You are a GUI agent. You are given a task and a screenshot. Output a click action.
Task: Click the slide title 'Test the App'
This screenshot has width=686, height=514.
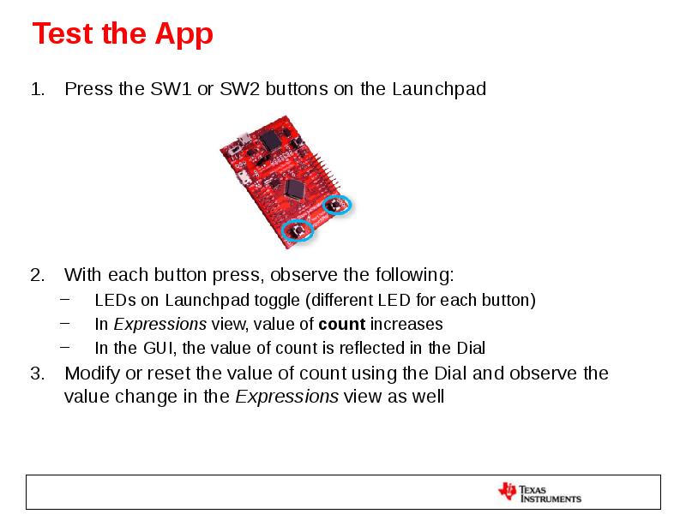pyautogui.click(x=123, y=34)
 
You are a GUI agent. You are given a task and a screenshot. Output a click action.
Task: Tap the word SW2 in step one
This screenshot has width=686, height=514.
pyautogui.click(x=241, y=89)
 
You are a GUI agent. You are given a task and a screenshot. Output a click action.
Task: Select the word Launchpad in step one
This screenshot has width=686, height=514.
pyautogui.click(x=439, y=89)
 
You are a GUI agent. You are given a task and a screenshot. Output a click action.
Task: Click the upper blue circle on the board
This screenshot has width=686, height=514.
pyautogui.click(x=336, y=206)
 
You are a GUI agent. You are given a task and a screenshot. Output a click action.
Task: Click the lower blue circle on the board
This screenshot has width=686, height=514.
pyautogui.click(x=298, y=230)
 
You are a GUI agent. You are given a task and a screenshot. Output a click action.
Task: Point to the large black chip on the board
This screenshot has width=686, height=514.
pyautogui.click(x=297, y=189)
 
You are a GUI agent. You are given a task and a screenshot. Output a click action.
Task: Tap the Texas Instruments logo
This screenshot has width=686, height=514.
pyautogui.click(x=539, y=493)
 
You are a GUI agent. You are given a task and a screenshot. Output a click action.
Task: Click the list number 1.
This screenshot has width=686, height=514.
pyautogui.click(x=36, y=89)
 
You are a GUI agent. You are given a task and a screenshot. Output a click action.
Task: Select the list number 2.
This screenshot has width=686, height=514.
pyautogui.click(x=36, y=276)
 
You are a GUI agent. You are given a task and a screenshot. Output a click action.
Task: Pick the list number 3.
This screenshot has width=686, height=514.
pyautogui.click(x=36, y=374)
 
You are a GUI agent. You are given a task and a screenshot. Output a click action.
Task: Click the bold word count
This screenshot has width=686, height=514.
pyautogui.click(x=341, y=325)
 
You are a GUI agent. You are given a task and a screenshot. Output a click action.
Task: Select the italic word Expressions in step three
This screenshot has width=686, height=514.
pyautogui.click(x=287, y=397)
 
